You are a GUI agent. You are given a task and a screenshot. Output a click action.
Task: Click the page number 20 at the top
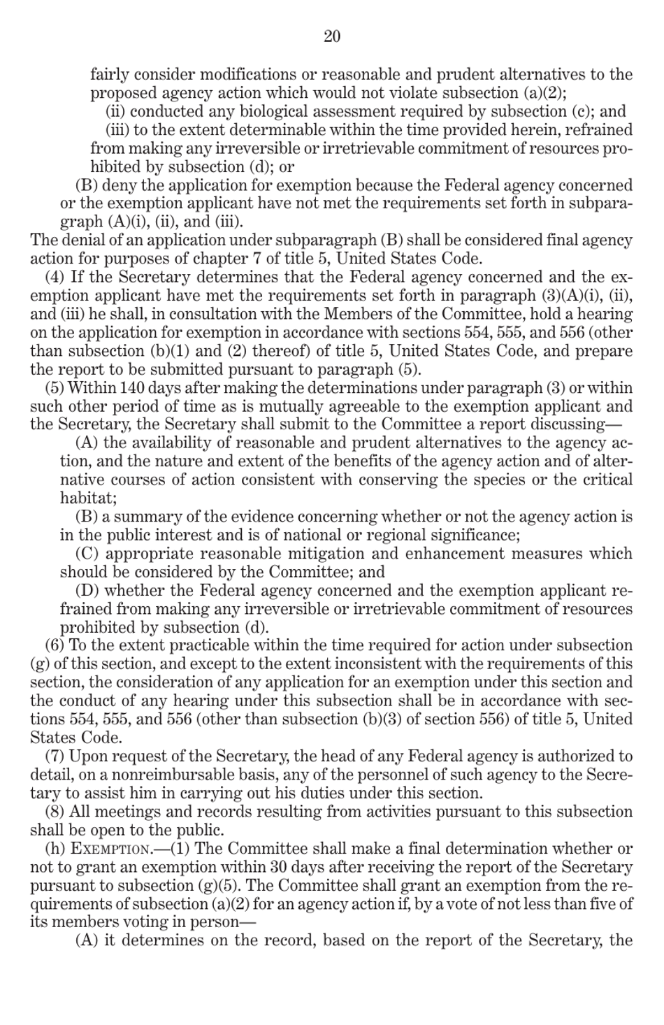[332, 36]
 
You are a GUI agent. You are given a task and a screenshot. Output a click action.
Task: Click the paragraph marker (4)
[55, 278]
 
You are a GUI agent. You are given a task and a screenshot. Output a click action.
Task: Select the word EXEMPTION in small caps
[111, 850]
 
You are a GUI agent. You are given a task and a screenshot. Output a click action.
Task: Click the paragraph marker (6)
[55, 645]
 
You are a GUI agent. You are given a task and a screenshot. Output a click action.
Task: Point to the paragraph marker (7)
[55, 756]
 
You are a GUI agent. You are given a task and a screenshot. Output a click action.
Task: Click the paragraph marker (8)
[55, 812]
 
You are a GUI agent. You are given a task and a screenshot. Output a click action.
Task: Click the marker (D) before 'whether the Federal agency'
[87, 591]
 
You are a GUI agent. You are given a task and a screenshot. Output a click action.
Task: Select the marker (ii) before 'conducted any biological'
[115, 112]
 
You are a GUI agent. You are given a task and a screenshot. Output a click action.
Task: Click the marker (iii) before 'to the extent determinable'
[117, 130]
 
